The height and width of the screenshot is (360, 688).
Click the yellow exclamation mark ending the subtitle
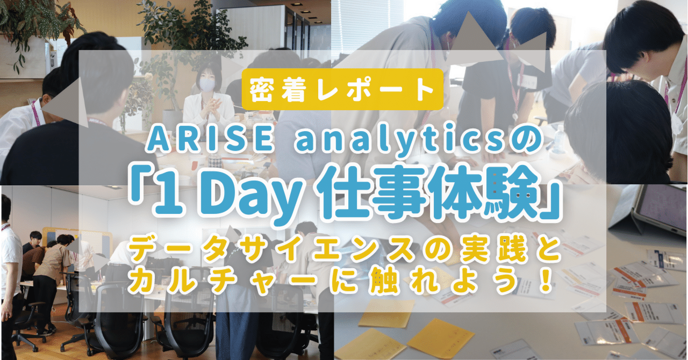[547, 283]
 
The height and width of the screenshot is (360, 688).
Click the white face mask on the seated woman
[207, 85]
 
